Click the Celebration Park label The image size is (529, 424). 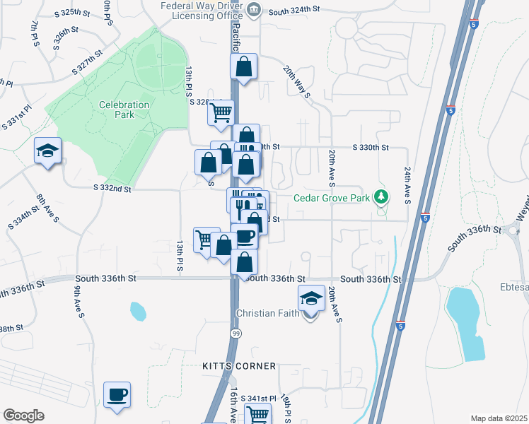[x=124, y=110]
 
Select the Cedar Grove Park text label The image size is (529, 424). [x=332, y=199]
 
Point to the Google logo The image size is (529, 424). [x=23, y=416]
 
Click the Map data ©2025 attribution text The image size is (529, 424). [x=499, y=418]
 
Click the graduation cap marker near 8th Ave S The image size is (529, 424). [x=48, y=151]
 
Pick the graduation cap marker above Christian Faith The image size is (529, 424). [x=310, y=298]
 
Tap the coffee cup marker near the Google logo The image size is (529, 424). [x=117, y=395]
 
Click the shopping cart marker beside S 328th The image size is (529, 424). [x=221, y=112]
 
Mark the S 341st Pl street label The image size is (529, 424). [x=257, y=399]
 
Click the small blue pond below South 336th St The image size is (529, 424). [x=138, y=310]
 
